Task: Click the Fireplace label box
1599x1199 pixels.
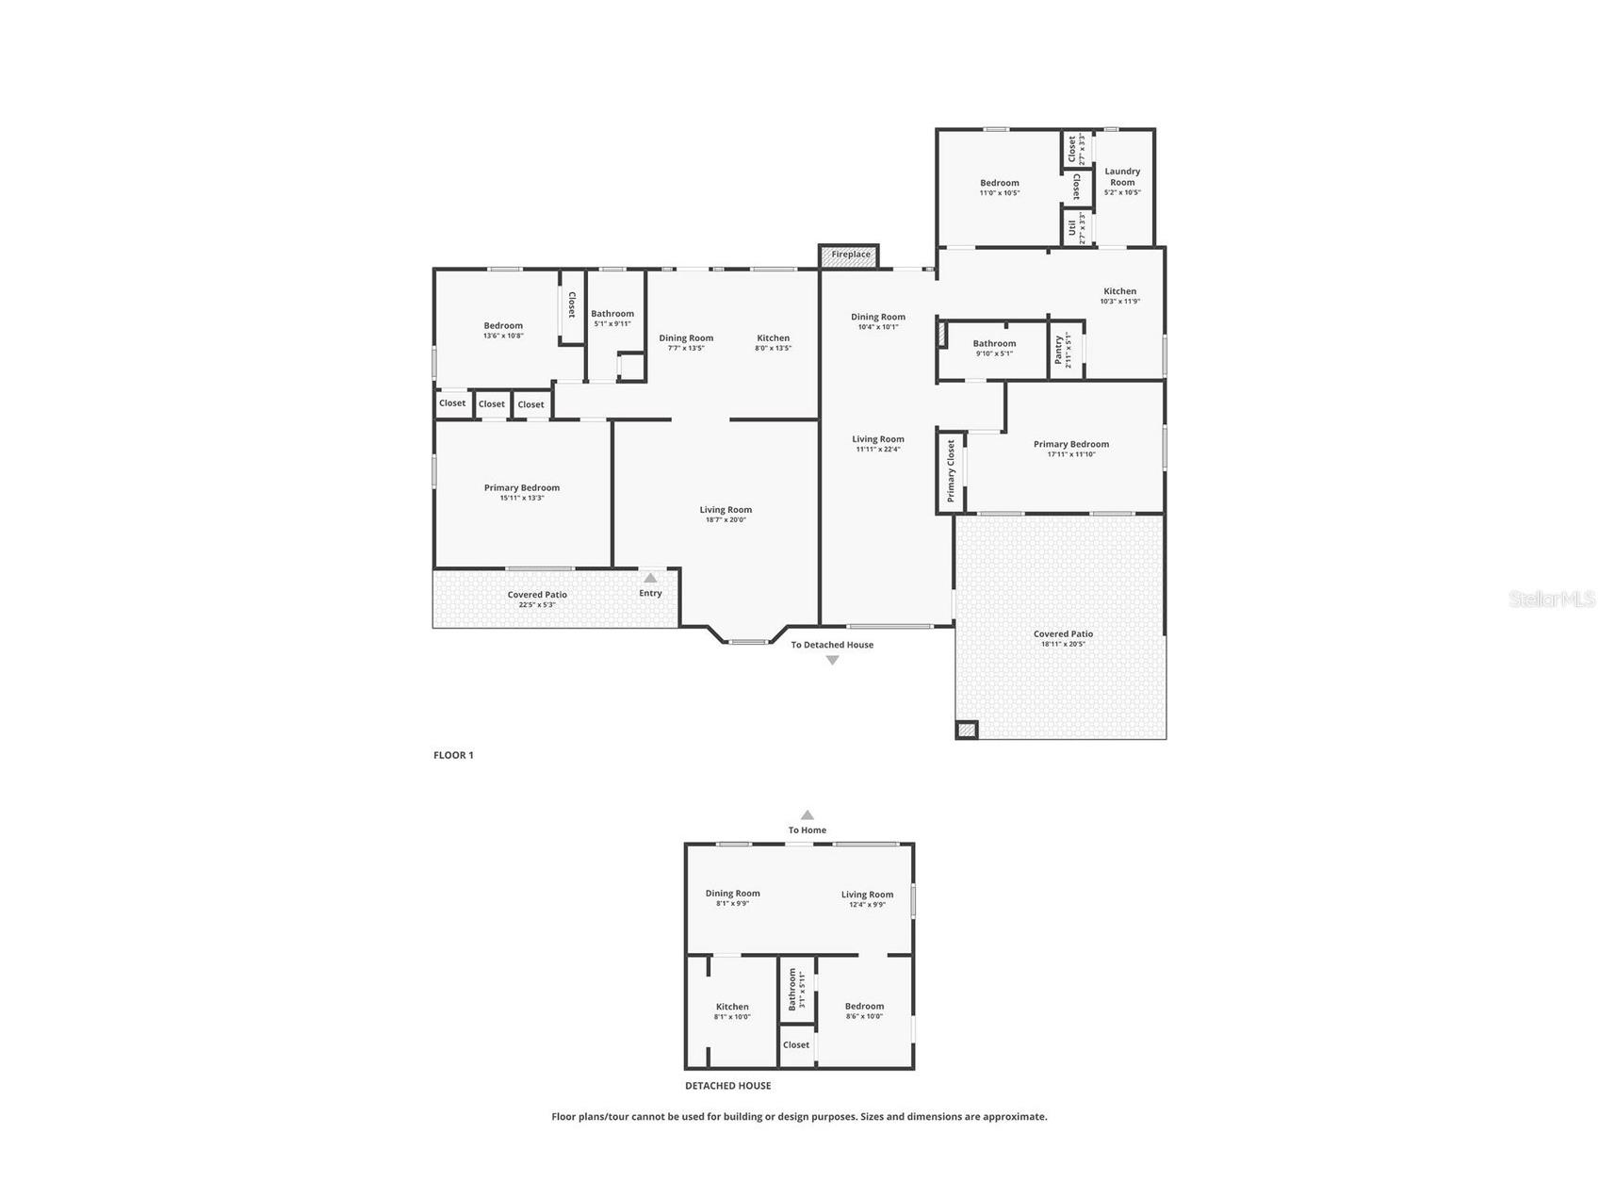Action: (x=849, y=255)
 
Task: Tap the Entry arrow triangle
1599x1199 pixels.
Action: (x=650, y=578)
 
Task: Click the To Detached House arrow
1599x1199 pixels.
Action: (x=832, y=661)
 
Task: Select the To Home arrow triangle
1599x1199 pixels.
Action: (x=807, y=815)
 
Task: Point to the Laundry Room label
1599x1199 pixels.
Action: (x=1122, y=176)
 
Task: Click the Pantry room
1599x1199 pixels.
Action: (x=1066, y=350)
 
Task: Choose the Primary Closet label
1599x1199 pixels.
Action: (x=951, y=471)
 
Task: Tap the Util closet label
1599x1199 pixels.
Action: (x=1072, y=228)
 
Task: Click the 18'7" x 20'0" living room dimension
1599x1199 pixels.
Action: (x=726, y=520)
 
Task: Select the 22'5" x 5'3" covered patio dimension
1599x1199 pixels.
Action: (x=537, y=605)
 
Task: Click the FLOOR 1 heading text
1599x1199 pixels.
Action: (x=453, y=755)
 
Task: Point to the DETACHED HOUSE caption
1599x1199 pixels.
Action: (x=727, y=1086)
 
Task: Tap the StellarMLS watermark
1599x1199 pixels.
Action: (x=1551, y=599)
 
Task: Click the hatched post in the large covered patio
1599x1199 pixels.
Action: (x=967, y=730)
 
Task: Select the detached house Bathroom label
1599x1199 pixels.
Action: (x=792, y=990)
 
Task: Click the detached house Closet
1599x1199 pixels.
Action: (x=796, y=1045)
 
